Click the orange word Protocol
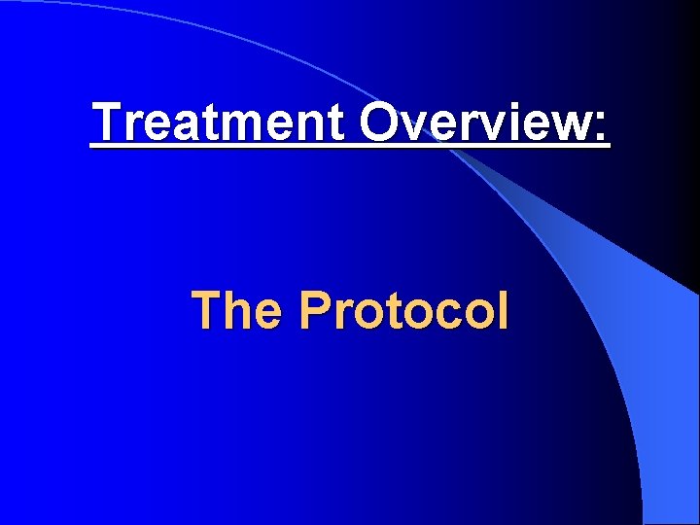click(x=403, y=311)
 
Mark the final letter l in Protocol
click(x=502, y=311)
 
